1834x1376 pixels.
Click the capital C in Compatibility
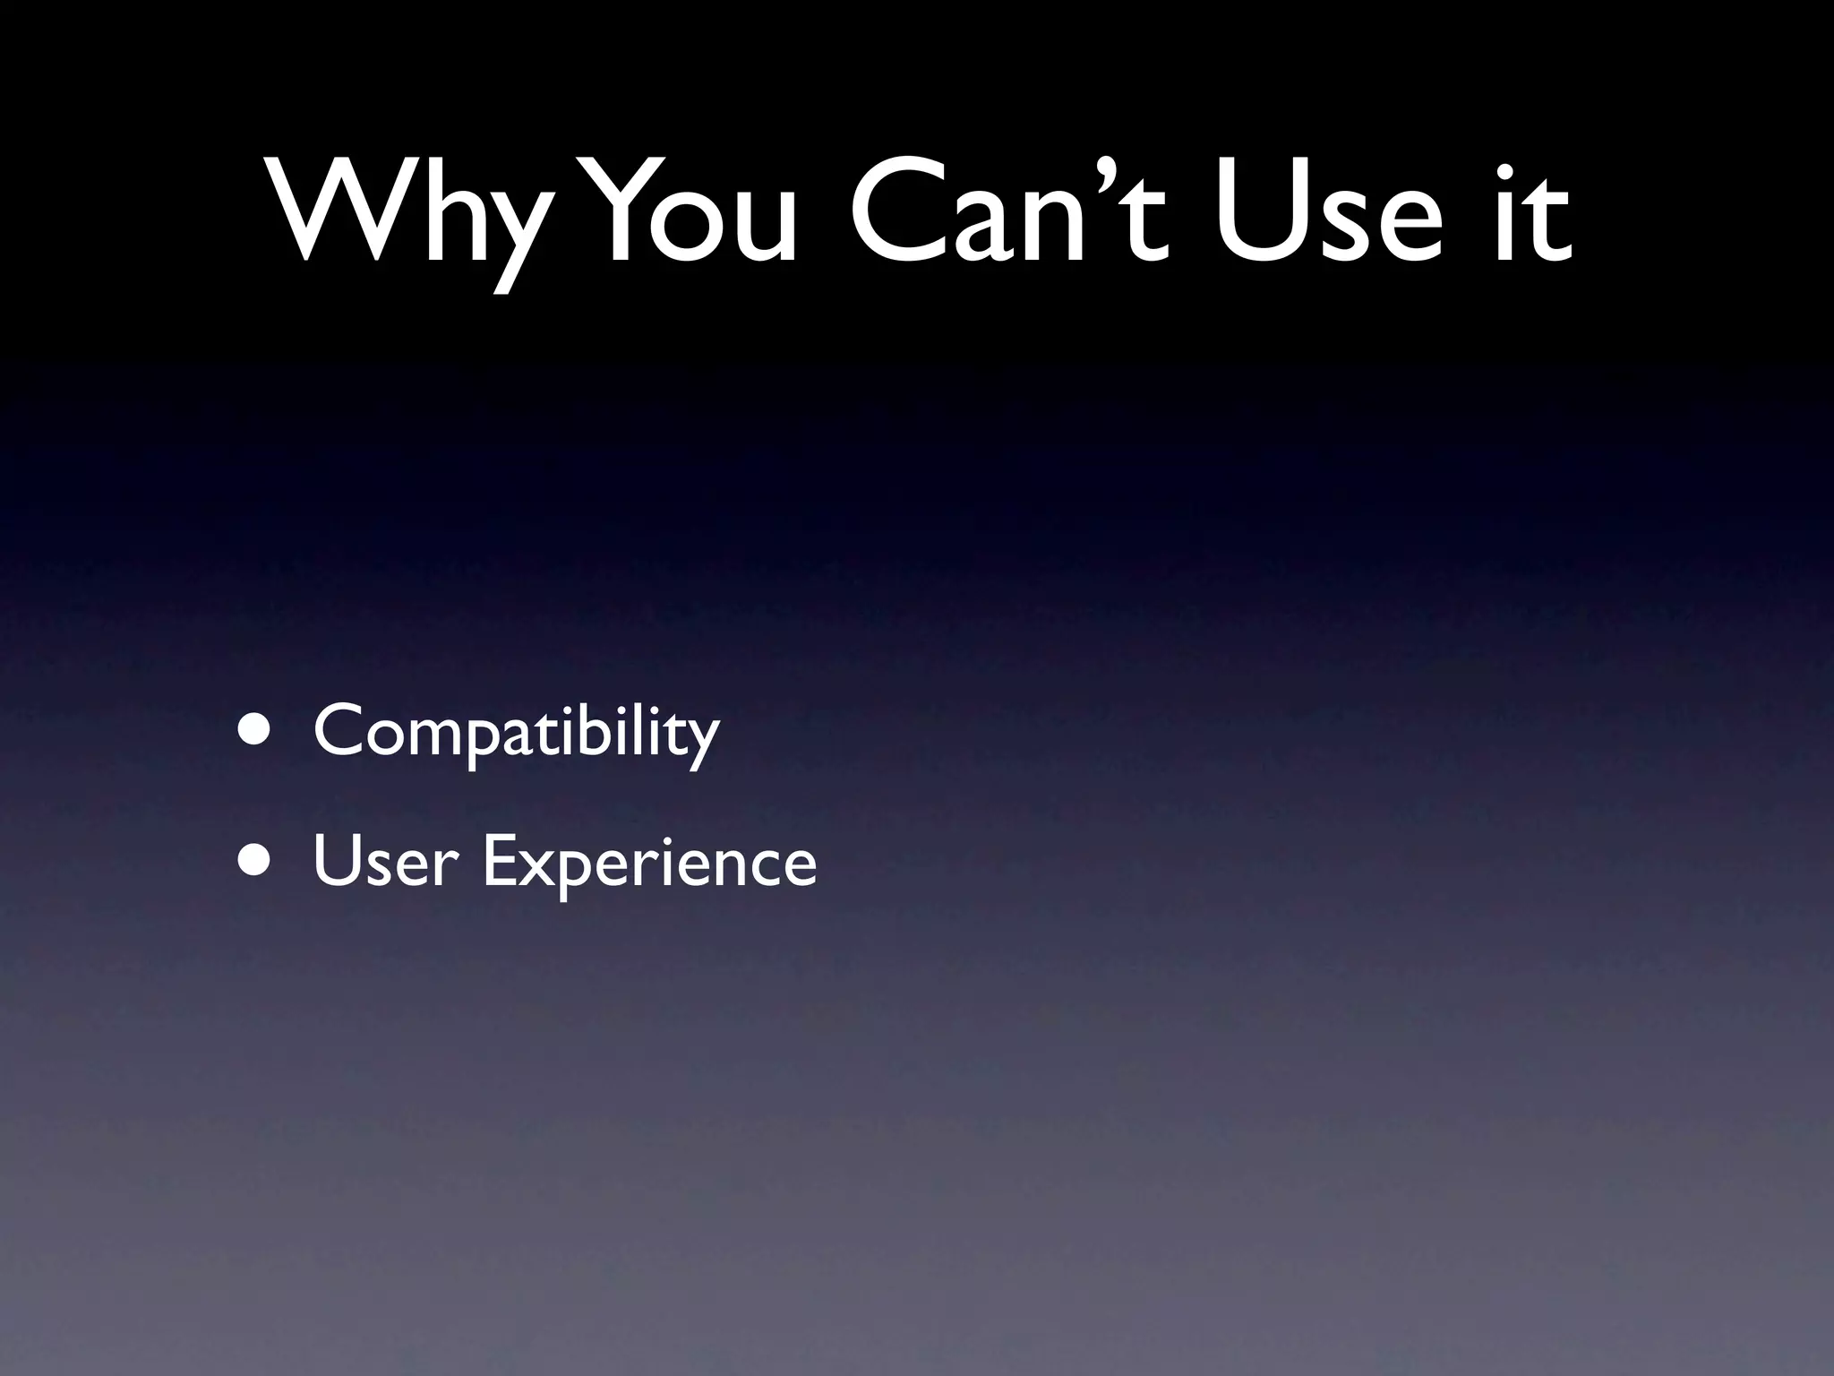(x=340, y=731)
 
